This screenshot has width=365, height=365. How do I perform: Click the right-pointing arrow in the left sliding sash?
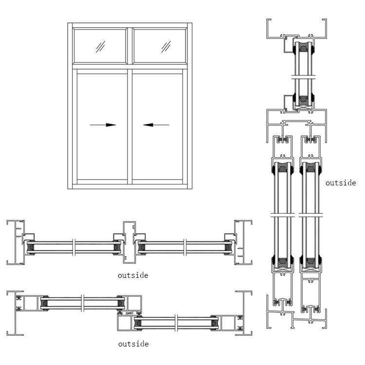[103, 125]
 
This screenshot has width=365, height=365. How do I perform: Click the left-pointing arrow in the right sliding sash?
[156, 125]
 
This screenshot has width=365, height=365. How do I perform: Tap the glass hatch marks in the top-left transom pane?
[101, 47]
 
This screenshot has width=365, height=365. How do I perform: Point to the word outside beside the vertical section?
[341, 183]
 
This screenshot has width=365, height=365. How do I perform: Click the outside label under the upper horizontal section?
[133, 275]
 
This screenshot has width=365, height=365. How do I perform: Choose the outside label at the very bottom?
[133, 344]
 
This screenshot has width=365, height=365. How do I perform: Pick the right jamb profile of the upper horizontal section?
[242, 242]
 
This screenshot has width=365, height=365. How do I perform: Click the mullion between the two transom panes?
[129, 47]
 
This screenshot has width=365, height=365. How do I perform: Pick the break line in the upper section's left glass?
[73, 247]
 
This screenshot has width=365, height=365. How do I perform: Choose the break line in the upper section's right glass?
[185, 247]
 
